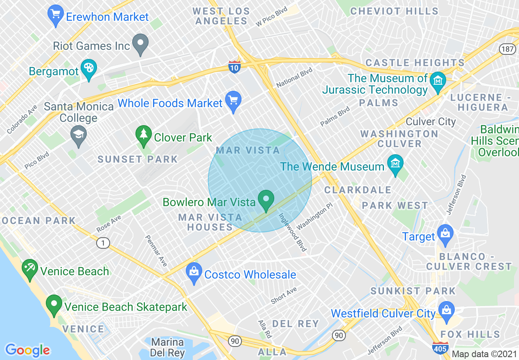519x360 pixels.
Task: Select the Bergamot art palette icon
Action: [x=88, y=69]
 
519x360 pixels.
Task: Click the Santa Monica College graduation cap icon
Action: [x=78, y=135]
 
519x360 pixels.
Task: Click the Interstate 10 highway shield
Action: [x=234, y=67]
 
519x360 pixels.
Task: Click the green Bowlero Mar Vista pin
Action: [x=266, y=200]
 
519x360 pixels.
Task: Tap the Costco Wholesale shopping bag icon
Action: [x=193, y=272]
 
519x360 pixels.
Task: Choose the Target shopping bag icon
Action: [x=445, y=235]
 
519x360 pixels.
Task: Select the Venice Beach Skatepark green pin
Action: [x=54, y=305]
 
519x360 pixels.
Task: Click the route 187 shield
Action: [x=506, y=49]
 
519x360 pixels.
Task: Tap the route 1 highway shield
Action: [x=103, y=243]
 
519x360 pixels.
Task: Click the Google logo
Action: [x=27, y=350]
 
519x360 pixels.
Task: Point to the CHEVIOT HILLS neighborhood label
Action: [x=394, y=11]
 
